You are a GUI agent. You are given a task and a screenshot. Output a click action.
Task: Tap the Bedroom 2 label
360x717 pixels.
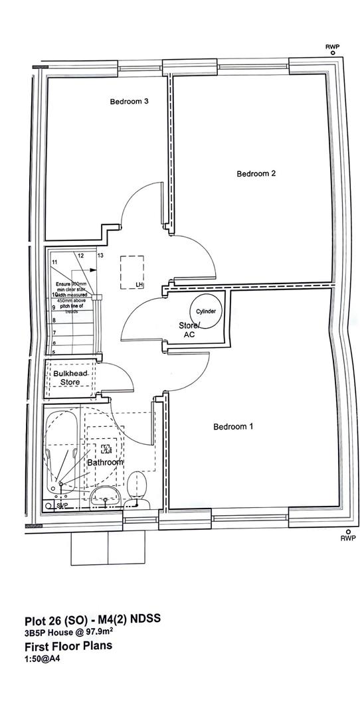pyautogui.click(x=256, y=174)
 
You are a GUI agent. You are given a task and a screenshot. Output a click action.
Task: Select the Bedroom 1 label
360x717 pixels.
pyautogui.click(x=232, y=427)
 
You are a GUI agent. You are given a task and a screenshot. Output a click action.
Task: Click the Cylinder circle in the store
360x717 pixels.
pyautogui.click(x=205, y=311)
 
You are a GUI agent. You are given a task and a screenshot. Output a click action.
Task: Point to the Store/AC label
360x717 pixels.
pyautogui.click(x=189, y=330)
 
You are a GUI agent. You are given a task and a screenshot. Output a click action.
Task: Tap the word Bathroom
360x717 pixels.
pyautogui.click(x=105, y=462)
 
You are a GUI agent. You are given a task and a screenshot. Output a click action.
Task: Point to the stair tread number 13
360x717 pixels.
pyautogui.click(x=100, y=255)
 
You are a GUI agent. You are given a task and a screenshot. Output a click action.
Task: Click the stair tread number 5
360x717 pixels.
pyautogui.click(x=53, y=351)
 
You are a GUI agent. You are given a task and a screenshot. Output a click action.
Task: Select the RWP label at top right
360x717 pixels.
pyautogui.click(x=331, y=46)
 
